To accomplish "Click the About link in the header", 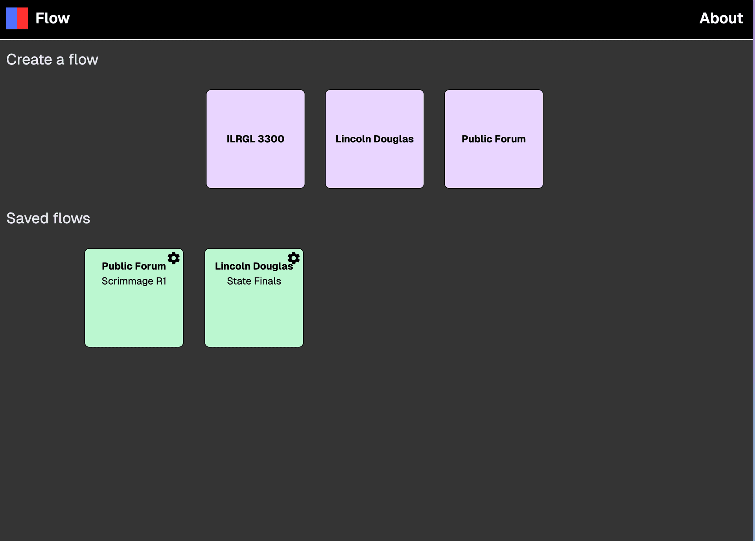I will [721, 18].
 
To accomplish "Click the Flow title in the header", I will [52, 18].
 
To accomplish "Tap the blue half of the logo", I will [12, 18].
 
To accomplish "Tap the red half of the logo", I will [22, 18].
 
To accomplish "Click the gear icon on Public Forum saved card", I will [173, 258].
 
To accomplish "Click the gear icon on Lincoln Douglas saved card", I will [293, 258].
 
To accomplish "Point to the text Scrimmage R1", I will [134, 281].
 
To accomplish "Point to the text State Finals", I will [254, 281].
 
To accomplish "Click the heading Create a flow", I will [52, 59].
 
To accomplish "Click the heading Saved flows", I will [48, 218].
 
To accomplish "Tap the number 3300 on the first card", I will [271, 139].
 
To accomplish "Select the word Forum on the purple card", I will [510, 139].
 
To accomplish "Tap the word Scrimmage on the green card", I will [127, 281].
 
